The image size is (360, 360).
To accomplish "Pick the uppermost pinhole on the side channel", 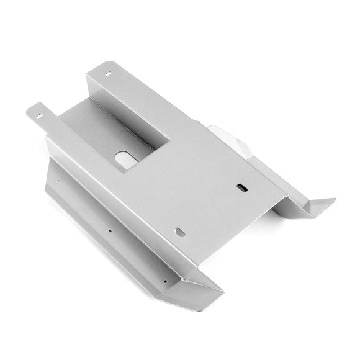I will (60, 181).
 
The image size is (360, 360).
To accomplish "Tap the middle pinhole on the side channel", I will (110, 233).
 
